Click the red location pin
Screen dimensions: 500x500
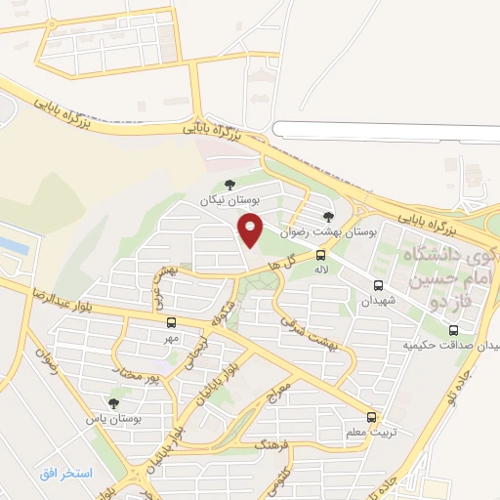pyautogui.click(x=252, y=230)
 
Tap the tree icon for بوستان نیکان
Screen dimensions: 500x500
pyautogui.click(x=229, y=184)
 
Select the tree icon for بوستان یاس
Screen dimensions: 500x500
pyautogui.click(x=113, y=402)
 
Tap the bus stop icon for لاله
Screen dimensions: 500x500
pyautogui.click(x=321, y=254)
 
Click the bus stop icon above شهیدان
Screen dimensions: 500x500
pyautogui.click(x=378, y=286)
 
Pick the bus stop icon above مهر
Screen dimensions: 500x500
pyautogui.click(x=171, y=322)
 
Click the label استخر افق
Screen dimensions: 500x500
pyautogui.click(x=65, y=474)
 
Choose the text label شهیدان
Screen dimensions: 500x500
pyautogui.click(x=380, y=303)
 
